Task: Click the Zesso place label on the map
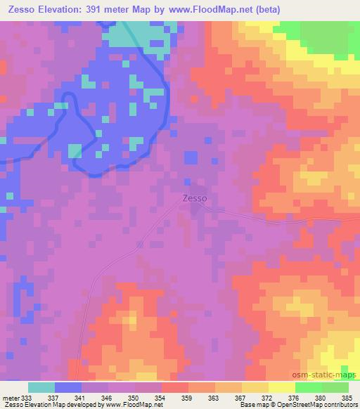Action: click(x=194, y=198)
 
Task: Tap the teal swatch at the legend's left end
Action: click(x=41, y=387)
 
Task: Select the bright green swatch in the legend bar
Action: click(x=309, y=387)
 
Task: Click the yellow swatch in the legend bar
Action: click(x=282, y=387)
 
